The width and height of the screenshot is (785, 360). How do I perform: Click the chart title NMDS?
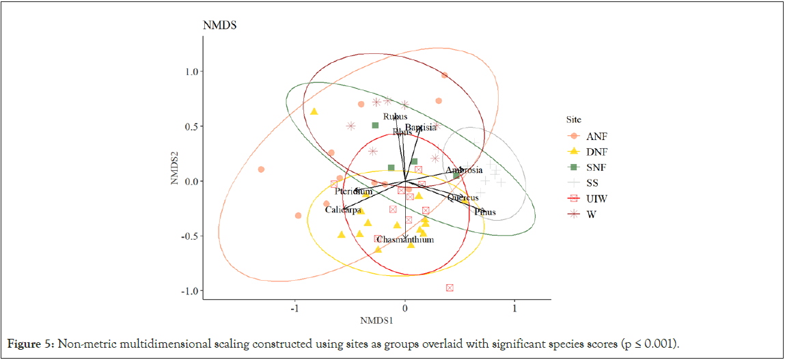(x=219, y=26)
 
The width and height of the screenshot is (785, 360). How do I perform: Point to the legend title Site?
(x=573, y=119)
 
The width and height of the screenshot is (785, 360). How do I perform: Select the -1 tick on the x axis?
(x=294, y=308)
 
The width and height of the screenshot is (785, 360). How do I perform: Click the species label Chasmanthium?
(x=405, y=240)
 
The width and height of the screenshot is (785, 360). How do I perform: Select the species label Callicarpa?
(x=343, y=210)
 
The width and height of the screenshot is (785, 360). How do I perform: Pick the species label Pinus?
(x=485, y=212)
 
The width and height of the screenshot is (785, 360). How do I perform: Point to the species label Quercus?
(x=463, y=198)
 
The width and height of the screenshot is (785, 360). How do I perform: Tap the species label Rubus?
(x=395, y=117)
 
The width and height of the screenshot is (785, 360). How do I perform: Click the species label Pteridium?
(x=354, y=192)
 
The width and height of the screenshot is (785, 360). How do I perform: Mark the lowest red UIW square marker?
(x=450, y=288)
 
